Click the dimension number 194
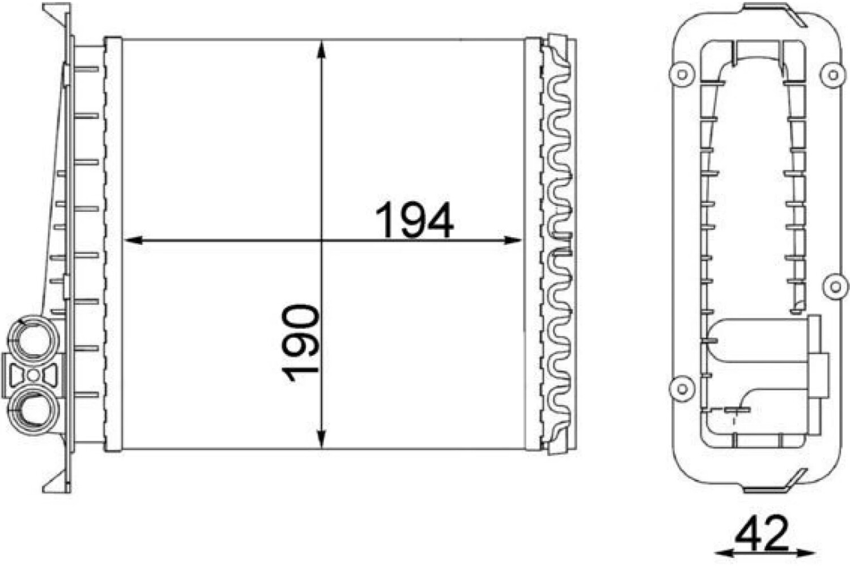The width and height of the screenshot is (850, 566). pos(414,220)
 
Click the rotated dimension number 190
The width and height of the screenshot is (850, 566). pos(300,343)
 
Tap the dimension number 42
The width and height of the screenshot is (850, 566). pos(762,533)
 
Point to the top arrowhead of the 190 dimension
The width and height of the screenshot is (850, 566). pos(321,50)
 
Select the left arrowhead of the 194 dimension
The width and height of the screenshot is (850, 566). pos(133,240)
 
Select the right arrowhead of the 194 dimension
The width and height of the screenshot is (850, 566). pos(513,240)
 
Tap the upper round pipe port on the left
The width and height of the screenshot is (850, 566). pos(33,339)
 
